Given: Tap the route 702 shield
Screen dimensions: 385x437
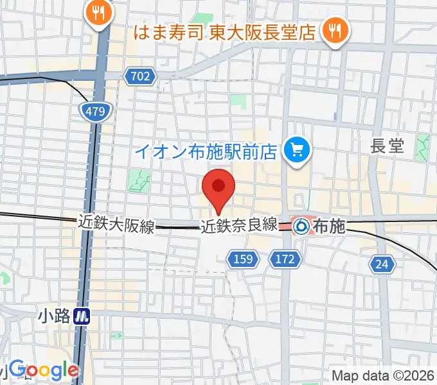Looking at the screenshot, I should [139, 77].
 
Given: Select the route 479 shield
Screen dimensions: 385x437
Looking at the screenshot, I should [94, 112].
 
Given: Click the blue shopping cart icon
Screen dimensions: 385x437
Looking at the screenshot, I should [297, 151].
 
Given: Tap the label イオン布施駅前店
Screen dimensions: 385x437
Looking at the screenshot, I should [206, 152].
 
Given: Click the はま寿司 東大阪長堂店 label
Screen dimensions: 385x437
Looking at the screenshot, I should [224, 31].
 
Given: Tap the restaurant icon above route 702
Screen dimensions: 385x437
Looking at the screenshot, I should [98, 12].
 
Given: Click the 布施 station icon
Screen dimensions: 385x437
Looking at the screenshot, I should [301, 226].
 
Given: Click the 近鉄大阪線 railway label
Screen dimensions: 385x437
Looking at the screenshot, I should [116, 224].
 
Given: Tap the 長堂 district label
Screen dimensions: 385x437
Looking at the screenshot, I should [388, 146].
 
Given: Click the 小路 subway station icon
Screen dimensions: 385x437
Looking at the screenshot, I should [82, 316].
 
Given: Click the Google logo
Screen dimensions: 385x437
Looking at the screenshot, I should [44, 369].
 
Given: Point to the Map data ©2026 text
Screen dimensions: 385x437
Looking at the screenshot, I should [383, 376].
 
